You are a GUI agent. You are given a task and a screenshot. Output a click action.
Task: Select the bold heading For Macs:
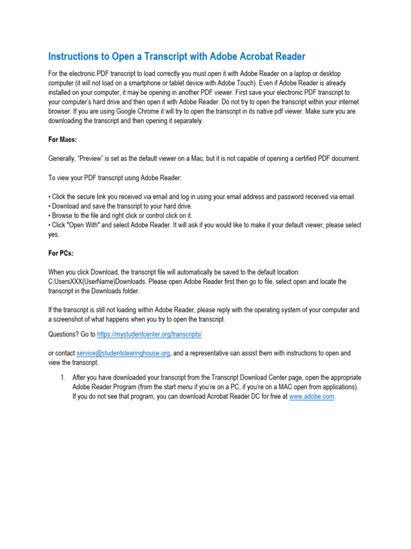click(x=63, y=139)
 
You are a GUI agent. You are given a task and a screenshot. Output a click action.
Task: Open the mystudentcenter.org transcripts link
click(x=149, y=334)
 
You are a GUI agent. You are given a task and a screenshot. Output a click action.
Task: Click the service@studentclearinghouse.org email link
click(x=124, y=353)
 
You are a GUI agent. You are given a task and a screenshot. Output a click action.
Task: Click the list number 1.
click(x=62, y=377)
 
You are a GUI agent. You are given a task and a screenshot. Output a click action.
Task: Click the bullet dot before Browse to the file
click(x=49, y=216)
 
